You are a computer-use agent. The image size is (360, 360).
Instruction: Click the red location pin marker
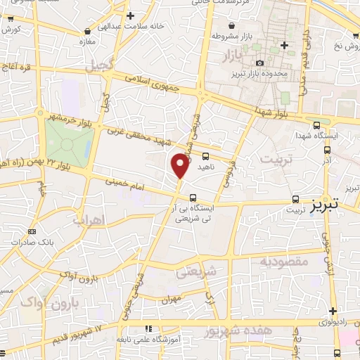point(181,166)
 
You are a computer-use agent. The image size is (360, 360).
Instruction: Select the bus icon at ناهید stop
point(205,156)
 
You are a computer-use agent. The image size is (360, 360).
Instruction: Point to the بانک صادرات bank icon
point(32,231)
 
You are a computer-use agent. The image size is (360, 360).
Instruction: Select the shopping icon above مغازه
point(87,32)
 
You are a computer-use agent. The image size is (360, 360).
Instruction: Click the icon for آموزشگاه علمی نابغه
point(148,328)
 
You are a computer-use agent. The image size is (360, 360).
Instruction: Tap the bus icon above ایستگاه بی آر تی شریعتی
point(193,198)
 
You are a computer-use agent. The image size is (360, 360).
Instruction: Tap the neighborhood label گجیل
point(100,67)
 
